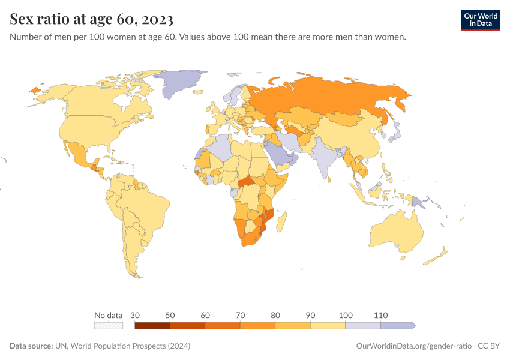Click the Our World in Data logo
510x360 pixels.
click(x=480, y=19)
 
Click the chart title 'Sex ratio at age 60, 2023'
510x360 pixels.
click(x=92, y=20)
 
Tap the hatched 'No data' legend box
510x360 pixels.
click(x=109, y=325)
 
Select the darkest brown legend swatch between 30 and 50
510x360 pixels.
click(x=152, y=325)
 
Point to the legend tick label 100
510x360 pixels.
click(x=346, y=315)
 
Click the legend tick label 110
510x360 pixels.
click(x=380, y=315)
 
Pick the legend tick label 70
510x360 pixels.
click(x=241, y=315)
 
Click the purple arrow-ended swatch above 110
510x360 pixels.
click(x=397, y=325)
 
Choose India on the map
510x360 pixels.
click(x=325, y=159)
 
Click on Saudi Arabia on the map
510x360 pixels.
click(x=278, y=154)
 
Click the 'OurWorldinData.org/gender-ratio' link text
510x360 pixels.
click(x=412, y=346)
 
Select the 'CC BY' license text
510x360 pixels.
click(x=489, y=346)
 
